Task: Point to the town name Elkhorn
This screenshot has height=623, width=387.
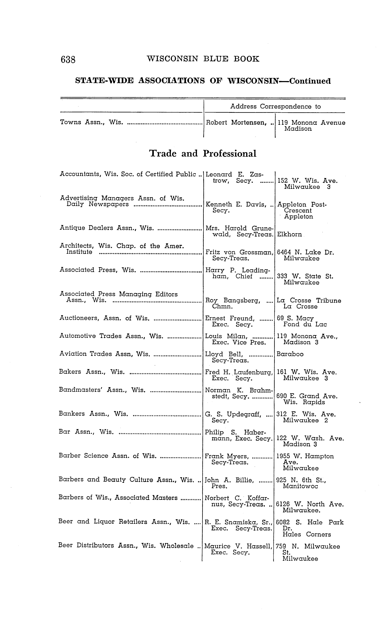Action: [x=289, y=234]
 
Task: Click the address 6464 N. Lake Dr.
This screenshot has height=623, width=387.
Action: [x=306, y=252]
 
